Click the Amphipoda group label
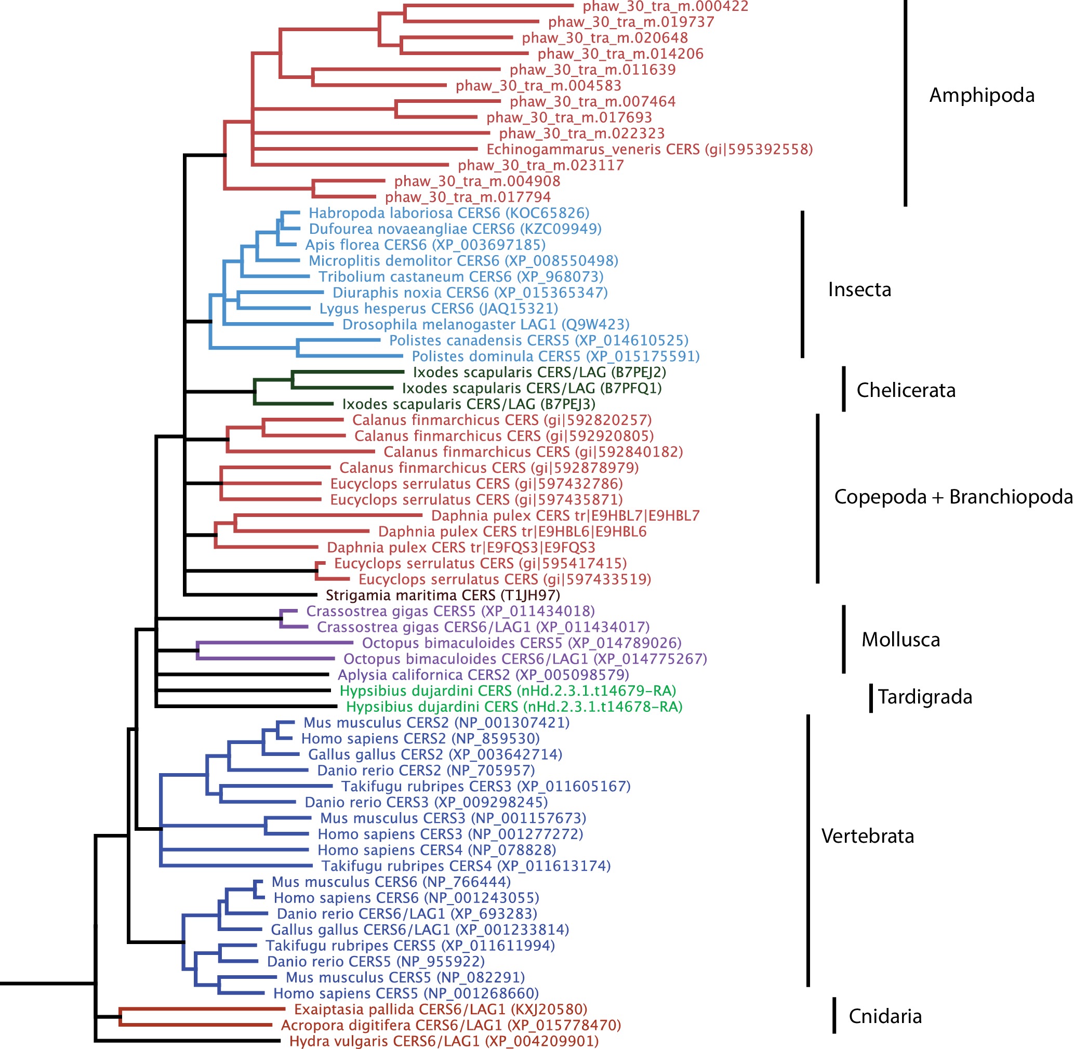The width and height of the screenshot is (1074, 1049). tap(982, 95)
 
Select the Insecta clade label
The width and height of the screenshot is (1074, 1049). tap(859, 290)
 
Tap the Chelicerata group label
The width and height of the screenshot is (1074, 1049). tap(906, 390)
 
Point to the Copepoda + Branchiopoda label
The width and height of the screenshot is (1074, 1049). tap(953, 497)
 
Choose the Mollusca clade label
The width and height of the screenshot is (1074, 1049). tap(900, 640)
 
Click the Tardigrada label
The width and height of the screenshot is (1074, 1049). tap(925, 697)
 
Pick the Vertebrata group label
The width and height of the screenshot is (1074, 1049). tap(867, 836)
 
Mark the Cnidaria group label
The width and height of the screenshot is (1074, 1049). tap(885, 1016)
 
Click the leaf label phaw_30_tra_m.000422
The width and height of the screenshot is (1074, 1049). tap(665, 6)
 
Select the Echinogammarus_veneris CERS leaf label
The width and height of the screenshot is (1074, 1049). tap(649, 149)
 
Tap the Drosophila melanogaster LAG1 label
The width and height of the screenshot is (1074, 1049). tap(485, 325)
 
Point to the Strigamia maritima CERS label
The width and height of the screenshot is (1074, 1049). tap(443, 595)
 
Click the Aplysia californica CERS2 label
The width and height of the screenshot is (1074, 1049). tap(483, 675)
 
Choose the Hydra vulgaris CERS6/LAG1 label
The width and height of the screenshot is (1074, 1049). tap(444, 1041)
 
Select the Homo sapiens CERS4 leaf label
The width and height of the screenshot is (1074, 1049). tap(436, 850)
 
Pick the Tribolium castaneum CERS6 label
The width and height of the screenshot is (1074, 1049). tap(461, 276)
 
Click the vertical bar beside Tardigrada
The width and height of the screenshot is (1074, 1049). tap(871, 698)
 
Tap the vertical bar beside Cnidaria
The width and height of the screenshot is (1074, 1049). tap(834, 1015)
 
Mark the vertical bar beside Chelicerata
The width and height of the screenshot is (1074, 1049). tap(844, 389)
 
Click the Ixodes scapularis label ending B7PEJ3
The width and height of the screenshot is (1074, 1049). tap(468, 404)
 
